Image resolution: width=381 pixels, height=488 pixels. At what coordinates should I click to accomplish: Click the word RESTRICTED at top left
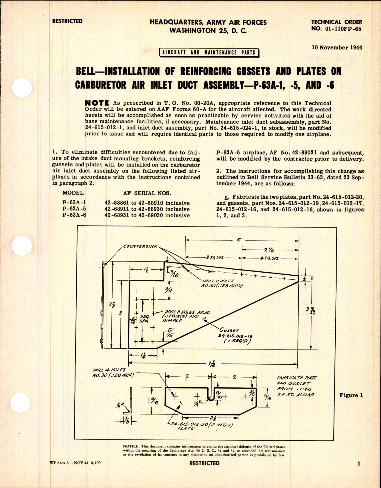pyautogui.click(x=67, y=21)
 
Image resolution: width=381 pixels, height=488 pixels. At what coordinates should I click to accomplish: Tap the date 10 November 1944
pyautogui.click(x=336, y=47)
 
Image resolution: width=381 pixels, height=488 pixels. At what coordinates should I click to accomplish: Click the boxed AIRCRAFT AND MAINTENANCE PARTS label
pyautogui.click(x=209, y=52)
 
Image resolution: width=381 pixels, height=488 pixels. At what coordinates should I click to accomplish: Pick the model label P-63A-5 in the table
pyautogui.click(x=74, y=209)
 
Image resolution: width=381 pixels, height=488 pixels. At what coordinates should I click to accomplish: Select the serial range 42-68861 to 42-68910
pyautogui.click(x=147, y=203)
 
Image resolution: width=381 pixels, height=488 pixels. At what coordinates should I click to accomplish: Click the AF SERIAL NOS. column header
pyautogui.click(x=147, y=193)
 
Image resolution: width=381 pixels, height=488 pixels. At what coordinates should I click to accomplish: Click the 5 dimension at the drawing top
pyautogui.click(x=240, y=240)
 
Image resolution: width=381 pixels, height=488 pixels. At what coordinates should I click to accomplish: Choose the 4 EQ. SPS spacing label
pyautogui.click(x=269, y=258)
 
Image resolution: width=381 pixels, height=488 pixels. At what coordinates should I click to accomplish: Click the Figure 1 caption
pyautogui.click(x=351, y=395)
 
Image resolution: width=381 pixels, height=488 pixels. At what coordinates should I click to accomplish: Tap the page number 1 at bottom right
pyautogui.click(x=359, y=472)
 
